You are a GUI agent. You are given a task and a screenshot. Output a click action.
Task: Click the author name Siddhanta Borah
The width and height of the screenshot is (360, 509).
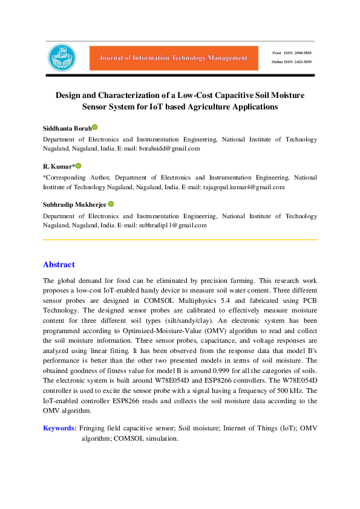[67, 128]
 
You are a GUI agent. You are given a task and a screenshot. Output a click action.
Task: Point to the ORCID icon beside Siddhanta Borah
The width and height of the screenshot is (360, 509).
[95, 128]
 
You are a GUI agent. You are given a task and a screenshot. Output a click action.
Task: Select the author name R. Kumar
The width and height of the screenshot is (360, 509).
[57, 166]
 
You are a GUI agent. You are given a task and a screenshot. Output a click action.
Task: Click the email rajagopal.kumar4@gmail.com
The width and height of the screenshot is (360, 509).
[244, 187]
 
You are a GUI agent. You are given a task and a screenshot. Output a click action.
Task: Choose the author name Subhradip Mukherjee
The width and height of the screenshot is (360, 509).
[74, 205]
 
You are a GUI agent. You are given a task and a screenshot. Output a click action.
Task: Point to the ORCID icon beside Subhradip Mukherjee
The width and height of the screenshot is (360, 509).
[111, 205]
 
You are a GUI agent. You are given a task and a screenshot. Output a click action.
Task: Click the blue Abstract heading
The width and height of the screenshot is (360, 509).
[59, 265]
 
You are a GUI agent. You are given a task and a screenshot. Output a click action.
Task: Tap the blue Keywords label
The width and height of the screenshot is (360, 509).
[59, 428]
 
